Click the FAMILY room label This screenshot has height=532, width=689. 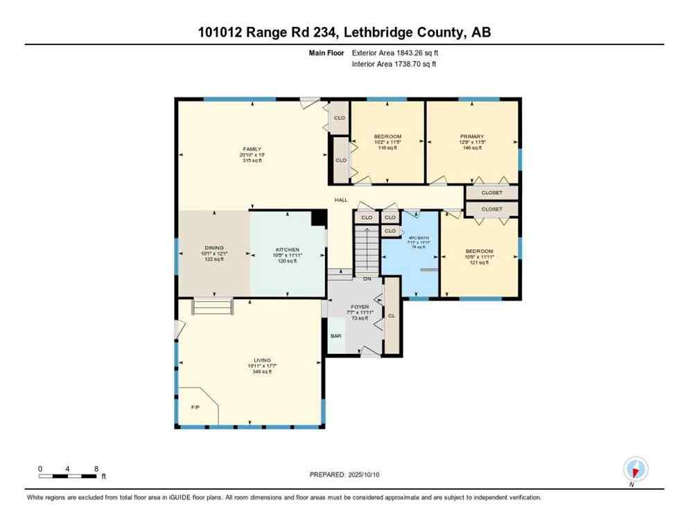252,149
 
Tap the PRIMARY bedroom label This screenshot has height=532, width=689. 471,137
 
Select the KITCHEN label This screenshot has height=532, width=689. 287,249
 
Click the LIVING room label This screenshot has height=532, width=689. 261,360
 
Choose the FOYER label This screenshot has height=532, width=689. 360,306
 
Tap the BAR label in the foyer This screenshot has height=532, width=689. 336,335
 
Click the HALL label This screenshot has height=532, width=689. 341,200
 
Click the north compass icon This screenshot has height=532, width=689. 635,470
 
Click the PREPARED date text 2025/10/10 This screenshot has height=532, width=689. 344,475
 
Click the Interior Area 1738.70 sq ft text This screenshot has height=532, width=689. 394,64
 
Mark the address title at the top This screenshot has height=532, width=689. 344,32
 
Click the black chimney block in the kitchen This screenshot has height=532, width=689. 319,218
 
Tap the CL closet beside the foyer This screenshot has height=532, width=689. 392,315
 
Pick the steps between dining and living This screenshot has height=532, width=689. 213,305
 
